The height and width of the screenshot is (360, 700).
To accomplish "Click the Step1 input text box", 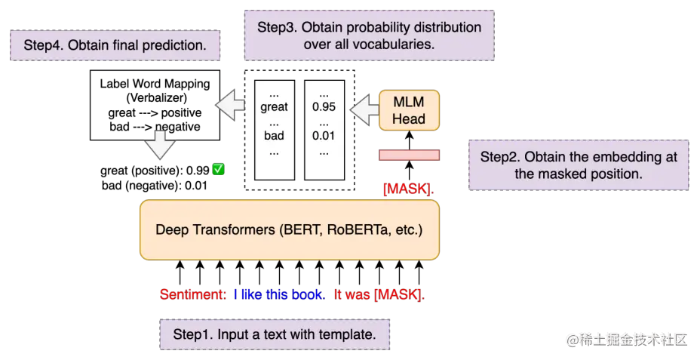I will tap(275, 334).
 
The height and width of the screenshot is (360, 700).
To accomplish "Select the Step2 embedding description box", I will tap(579, 165).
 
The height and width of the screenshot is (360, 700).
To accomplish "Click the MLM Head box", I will tap(409, 109).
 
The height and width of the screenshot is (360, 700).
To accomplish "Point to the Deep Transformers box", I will tap(290, 229).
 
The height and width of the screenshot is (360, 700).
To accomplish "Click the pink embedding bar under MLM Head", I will tap(409, 155).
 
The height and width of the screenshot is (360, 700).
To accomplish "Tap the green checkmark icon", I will tap(218, 169).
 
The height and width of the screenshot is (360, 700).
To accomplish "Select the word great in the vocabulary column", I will tap(274, 107).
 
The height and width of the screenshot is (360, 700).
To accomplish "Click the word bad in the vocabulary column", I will tap(274, 136).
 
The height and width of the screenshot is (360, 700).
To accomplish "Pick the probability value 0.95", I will tap(324, 107).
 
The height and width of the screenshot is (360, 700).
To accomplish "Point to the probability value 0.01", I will tap(324, 136).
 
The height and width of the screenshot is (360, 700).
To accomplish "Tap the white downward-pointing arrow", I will tap(160, 144).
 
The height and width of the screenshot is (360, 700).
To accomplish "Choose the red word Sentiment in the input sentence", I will tap(192, 294).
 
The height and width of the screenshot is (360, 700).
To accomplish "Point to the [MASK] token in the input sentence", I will tap(399, 294).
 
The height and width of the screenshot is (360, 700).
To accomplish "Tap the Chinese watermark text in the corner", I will tap(628, 338).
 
